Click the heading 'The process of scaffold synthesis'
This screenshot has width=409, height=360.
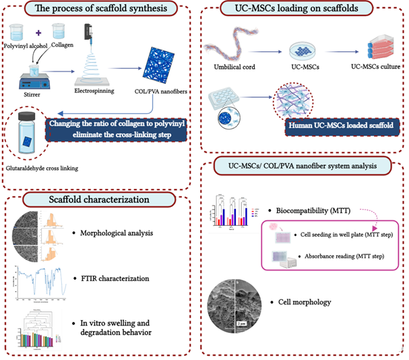[x=101, y=9]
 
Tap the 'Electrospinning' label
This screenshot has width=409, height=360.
[x=94, y=90]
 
